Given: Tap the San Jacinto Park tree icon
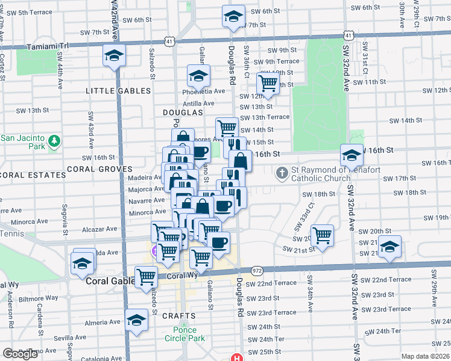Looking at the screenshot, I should pyautogui.click(x=55, y=141).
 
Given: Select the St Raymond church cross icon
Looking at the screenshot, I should pyautogui.click(x=282, y=174).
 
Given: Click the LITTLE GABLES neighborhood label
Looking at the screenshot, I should pyautogui.click(x=118, y=91).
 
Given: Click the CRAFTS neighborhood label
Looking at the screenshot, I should pyautogui.click(x=178, y=316).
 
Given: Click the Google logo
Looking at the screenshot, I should pyautogui.click(x=20, y=354).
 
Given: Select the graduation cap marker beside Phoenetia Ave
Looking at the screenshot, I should pyautogui.click(x=197, y=76).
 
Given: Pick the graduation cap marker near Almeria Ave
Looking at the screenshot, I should pyautogui.click(x=137, y=319).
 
